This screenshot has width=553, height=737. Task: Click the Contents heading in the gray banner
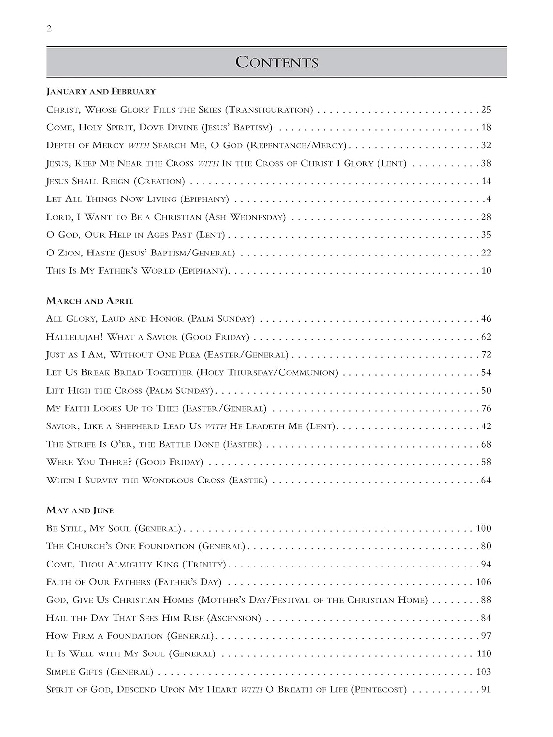click(277, 62)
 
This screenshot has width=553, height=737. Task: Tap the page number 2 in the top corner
click(49, 28)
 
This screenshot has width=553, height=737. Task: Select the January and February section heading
click(101, 91)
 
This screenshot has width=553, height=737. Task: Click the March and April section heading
click(89, 301)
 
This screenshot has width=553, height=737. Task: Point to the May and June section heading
click(80, 510)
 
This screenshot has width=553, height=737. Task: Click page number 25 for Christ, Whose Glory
click(486, 110)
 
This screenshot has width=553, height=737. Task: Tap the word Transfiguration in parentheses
click(271, 110)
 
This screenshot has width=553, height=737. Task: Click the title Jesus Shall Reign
click(88, 181)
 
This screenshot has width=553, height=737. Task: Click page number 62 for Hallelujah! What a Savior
click(486, 337)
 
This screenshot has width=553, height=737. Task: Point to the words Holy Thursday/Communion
click(267, 373)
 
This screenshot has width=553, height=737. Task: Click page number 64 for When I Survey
click(486, 480)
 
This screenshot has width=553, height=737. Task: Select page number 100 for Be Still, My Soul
click(483, 529)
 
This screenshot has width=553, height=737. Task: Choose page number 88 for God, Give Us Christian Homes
click(486, 600)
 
